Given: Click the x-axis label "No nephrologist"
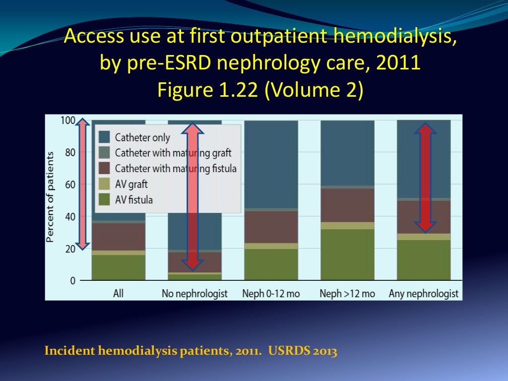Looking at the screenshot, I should tap(194, 294).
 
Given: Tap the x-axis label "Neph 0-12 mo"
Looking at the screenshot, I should tap(271, 294).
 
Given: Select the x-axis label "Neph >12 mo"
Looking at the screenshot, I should tap(347, 294).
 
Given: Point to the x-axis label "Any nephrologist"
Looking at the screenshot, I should tap(424, 294).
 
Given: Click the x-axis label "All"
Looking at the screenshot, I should tap(118, 294).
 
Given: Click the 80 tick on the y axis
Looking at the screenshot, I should tap(70, 152).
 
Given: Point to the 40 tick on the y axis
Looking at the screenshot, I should tap(70, 216).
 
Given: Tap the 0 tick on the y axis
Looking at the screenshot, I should tap(73, 281).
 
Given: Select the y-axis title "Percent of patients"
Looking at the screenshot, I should tap(50, 197).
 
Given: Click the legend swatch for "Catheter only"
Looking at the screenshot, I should tap(104, 137).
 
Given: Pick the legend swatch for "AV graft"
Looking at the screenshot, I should tap(104, 185).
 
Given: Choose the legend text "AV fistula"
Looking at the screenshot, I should tap(134, 200).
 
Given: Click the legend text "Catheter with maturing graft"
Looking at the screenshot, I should tap(173, 153).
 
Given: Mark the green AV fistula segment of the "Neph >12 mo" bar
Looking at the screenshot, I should tap(347, 254).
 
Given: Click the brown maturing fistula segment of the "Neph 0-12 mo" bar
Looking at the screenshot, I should tap(271, 227).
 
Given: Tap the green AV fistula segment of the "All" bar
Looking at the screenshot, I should tap(118, 267).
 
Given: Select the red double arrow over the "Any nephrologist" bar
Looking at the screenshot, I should tap(425, 178).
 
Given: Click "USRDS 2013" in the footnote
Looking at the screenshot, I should tap(303, 352).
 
